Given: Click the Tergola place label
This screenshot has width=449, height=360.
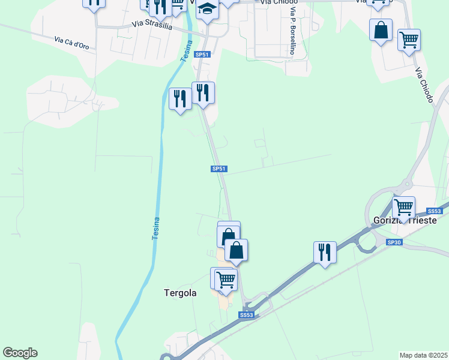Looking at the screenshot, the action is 180,293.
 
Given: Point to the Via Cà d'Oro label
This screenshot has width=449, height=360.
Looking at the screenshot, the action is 74,44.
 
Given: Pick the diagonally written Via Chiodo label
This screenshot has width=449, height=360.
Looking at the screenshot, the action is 423,85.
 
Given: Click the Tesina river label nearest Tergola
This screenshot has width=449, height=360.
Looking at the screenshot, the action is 155,229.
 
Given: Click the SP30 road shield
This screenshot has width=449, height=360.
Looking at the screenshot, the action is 394,242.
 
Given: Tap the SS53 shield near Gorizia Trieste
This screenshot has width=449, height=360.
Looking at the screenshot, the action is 434,211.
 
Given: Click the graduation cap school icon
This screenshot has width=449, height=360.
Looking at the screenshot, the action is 207,9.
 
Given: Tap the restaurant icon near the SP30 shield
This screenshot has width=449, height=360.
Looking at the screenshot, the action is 325,251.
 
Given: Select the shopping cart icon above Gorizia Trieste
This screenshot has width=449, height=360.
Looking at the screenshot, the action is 403,207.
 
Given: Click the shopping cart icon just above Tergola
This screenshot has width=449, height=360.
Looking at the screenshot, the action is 226,279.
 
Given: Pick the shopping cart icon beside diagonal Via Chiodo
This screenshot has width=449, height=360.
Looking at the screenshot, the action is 409,40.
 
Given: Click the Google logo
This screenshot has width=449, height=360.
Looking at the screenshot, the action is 20,353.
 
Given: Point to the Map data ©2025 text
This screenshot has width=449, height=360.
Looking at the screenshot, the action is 423,355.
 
